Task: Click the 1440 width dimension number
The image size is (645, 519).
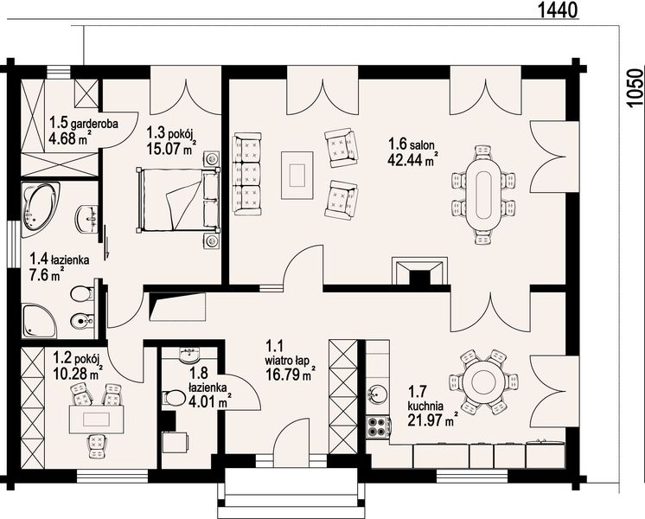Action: point(558,10)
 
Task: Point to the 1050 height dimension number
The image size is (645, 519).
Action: point(635,88)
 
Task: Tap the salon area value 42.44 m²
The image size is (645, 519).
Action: point(412,159)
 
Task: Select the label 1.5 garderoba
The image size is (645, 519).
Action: point(84,123)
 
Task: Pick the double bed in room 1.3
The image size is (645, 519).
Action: point(178,200)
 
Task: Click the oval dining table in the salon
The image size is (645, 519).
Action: point(483,195)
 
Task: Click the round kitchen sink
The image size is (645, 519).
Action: point(376,394)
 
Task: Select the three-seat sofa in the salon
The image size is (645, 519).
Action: point(246,174)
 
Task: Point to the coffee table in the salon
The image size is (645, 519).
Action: point(297,175)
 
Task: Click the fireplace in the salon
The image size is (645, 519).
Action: point(419,272)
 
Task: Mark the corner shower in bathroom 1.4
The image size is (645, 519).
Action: point(39,321)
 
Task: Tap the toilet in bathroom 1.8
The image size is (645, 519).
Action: point(173,399)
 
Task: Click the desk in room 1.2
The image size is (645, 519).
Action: point(96,419)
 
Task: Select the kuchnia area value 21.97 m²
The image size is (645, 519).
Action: point(433,420)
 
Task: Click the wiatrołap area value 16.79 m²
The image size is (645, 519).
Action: point(290,375)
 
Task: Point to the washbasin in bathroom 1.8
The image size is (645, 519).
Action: point(189,355)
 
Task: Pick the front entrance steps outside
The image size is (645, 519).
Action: point(291,494)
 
